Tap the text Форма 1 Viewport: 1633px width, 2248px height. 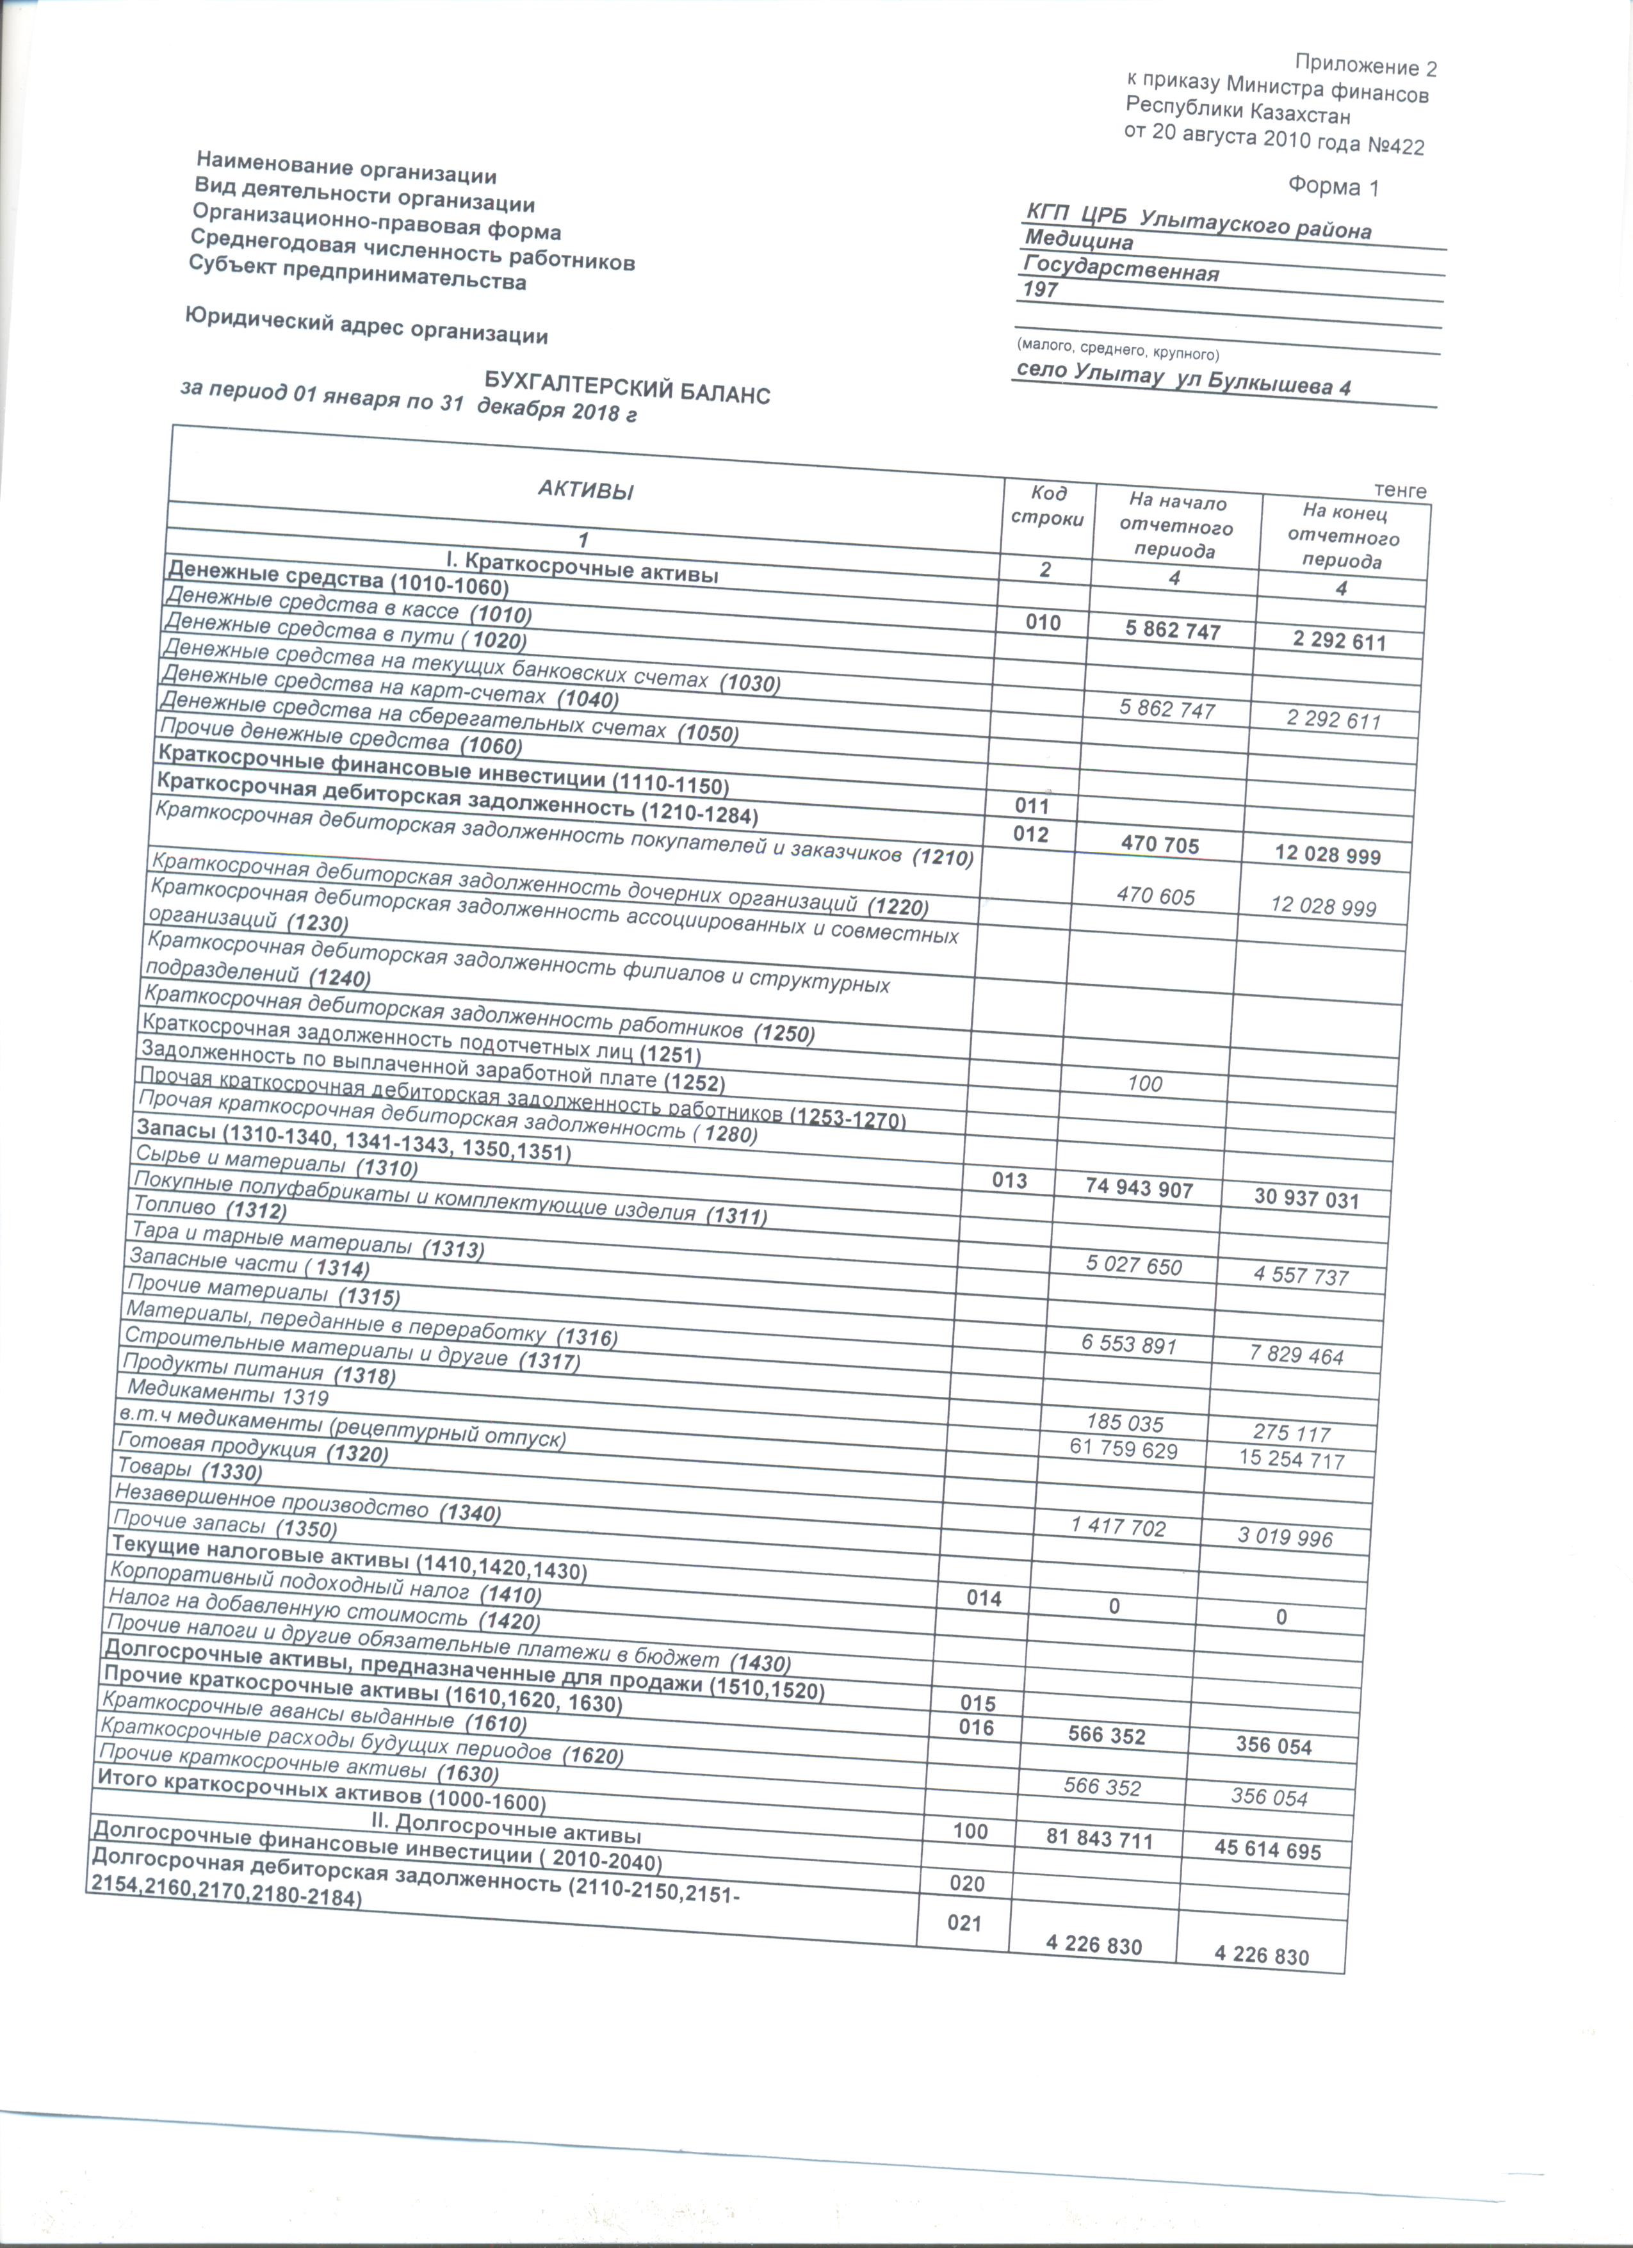pos(1333,185)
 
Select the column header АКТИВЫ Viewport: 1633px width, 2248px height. pos(585,490)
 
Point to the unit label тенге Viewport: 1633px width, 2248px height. pos(1400,491)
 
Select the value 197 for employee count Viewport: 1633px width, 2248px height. pos(1041,290)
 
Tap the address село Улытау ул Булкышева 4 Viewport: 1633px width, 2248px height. pos(1184,379)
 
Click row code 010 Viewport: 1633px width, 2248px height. pos(1043,623)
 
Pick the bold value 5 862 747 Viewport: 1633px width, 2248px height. pos(1173,631)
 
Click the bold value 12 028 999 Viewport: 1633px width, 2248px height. pos(1328,856)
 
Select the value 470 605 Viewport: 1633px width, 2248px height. pos(1155,897)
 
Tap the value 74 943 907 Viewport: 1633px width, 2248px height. pos(1139,1189)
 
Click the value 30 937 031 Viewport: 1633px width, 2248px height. pos(1306,1200)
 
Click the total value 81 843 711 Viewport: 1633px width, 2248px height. pos(1100,1841)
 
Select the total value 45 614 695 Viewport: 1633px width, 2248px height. pos(1267,1850)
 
